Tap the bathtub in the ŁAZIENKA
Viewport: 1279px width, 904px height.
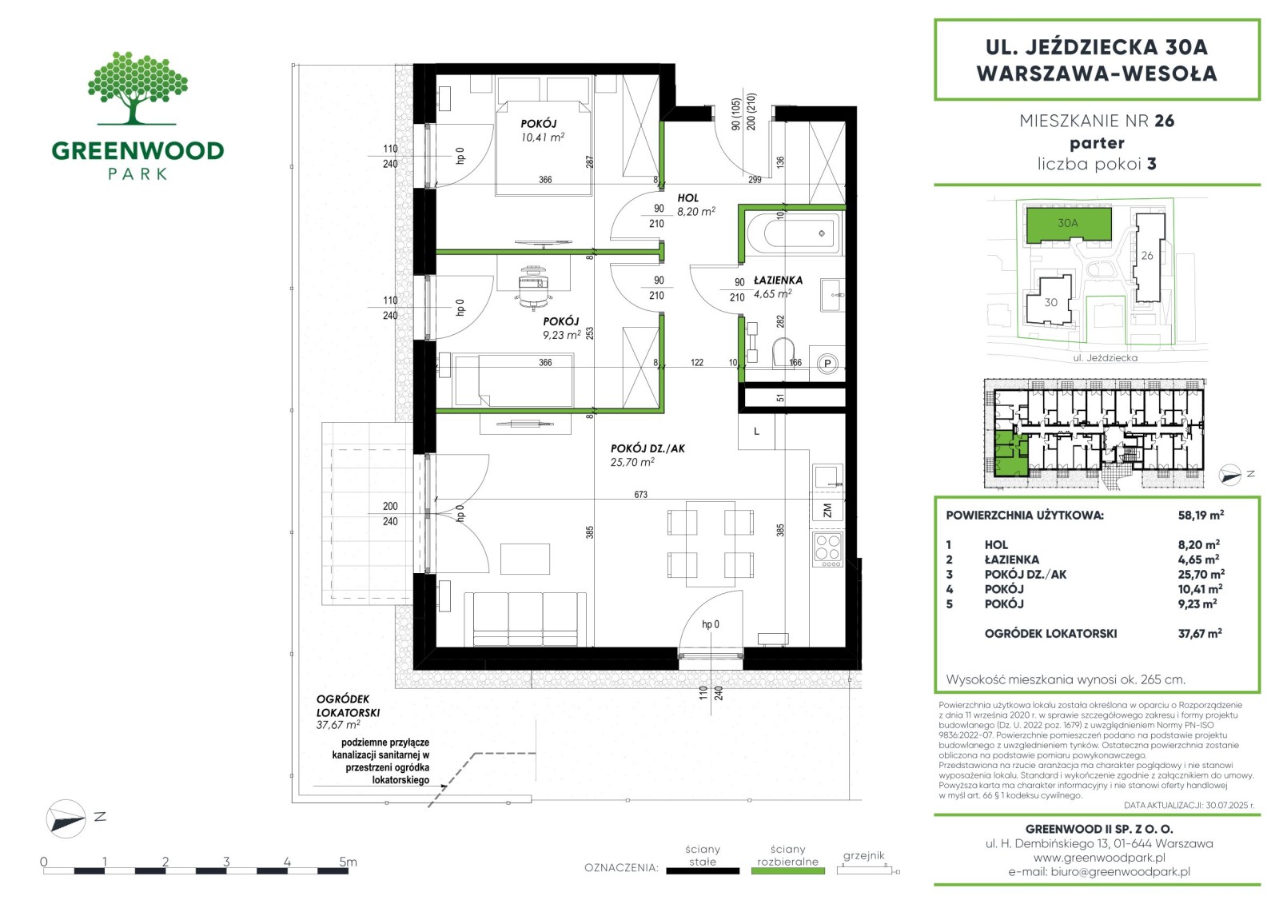click(x=794, y=233)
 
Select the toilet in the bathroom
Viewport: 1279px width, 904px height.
click(x=783, y=353)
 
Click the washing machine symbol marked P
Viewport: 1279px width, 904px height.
click(x=827, y=363)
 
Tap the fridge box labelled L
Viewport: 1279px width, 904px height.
click(x=756, y=431)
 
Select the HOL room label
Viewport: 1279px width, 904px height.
click(x=688, y=198)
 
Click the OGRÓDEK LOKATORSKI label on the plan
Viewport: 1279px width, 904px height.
click(x=348, y=706)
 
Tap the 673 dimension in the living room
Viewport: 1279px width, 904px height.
click(x=640, y=495)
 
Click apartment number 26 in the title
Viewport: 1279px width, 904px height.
click(x=1164, y=121)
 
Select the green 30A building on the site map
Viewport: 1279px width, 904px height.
click(x=1068, y=224)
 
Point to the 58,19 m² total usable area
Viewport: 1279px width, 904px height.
click(x=1201, y=515)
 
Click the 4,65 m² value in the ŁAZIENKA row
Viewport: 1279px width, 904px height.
click(x=1198, y=560)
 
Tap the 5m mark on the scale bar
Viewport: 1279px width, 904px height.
click(x=348, y=862)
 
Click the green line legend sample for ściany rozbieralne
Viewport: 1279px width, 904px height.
click(x=788, y=871)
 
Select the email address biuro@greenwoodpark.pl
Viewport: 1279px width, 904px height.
click(x=1120, y=872)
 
